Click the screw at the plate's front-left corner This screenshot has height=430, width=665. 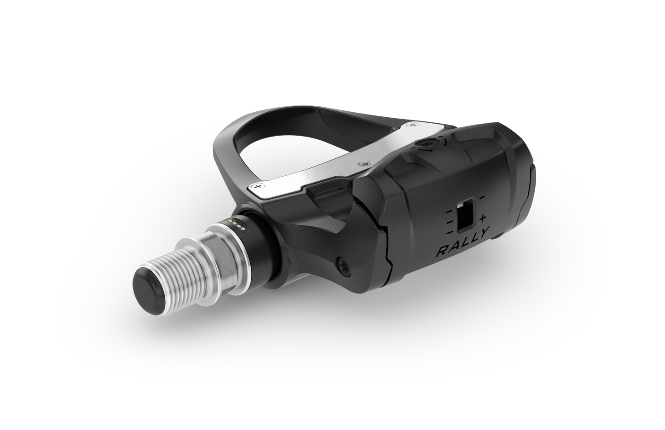click(x=258, y=186)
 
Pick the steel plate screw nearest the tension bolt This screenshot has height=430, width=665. click(x=415, y=125)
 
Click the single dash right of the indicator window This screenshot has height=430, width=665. click(x=482, y=197)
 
